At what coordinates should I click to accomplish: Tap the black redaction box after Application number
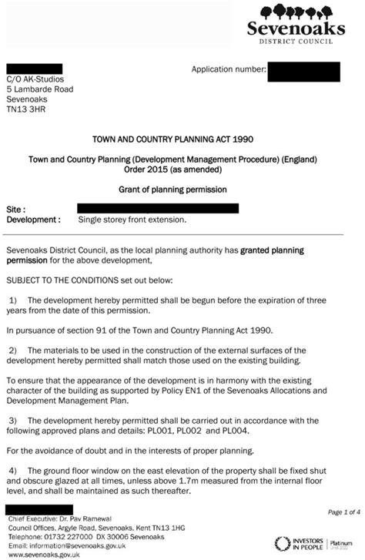tap(304, 72)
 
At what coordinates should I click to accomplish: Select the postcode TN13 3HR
tap(28, 110)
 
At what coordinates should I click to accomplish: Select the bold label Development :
tap(33, 219)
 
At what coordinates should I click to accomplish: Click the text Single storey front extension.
tap(132, 219)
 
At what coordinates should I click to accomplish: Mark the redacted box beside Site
tap(158, 208)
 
